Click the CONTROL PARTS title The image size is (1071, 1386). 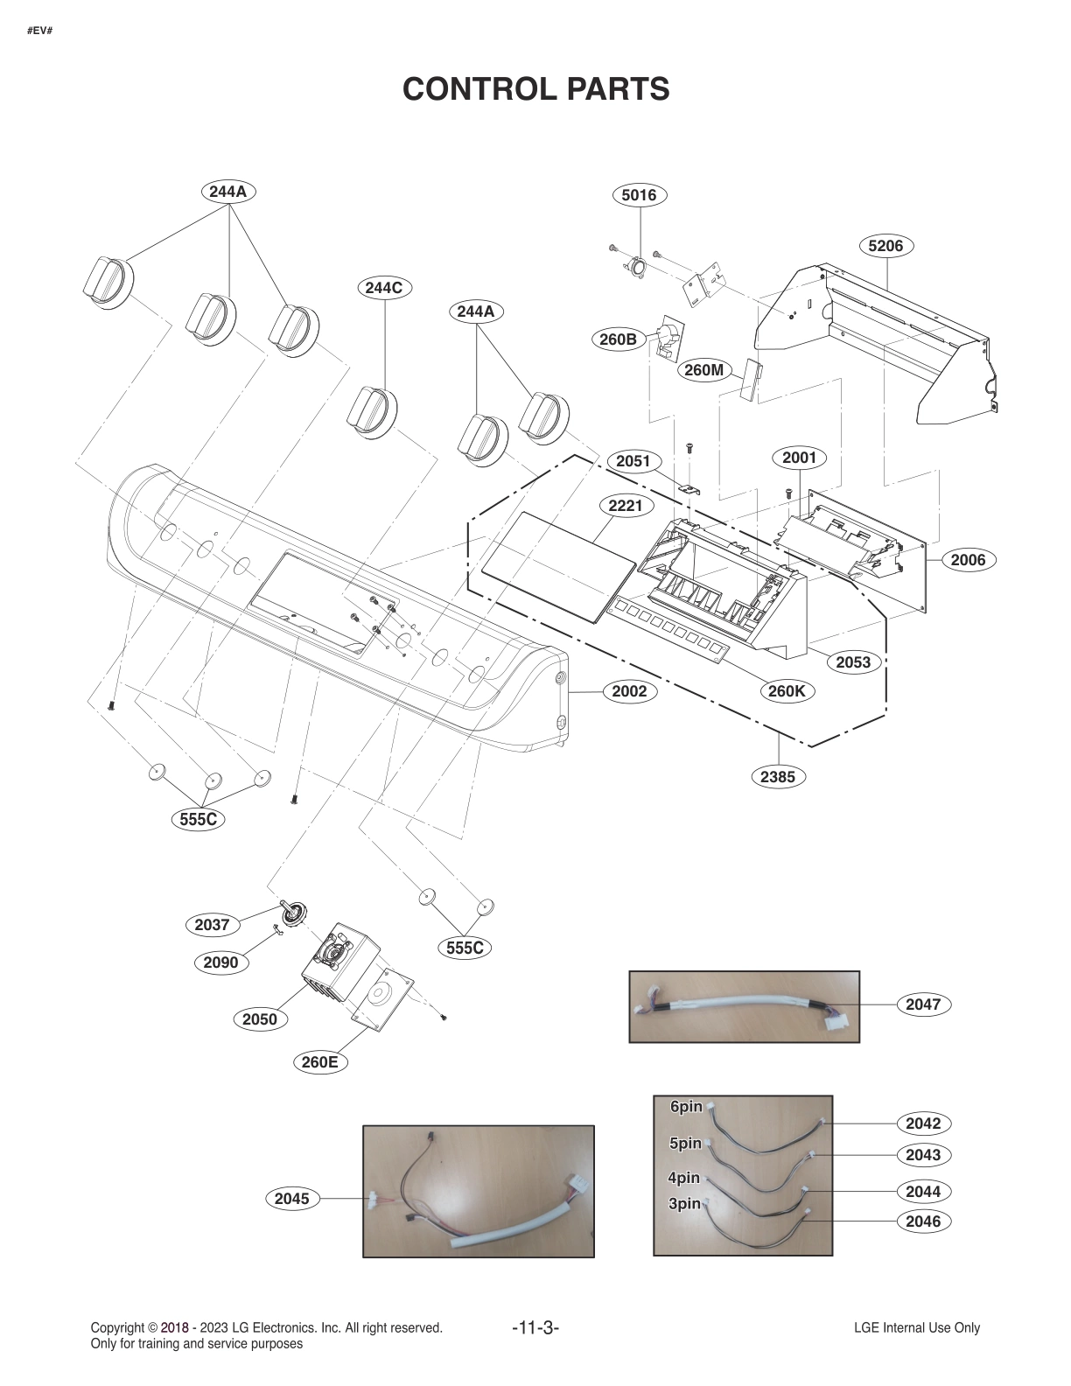(535, 88)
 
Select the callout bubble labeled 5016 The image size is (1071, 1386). (639, 195)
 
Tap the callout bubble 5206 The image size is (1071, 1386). (885, 246)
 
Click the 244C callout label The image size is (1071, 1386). (384, 287)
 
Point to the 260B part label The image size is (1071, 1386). (618, 339)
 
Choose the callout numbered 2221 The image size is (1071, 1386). (626, 506)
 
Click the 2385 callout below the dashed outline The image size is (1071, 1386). (778, 776)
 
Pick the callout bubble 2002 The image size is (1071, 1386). (628, 691)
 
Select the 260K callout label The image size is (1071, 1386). (786, 691)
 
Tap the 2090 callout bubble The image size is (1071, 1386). (220, 962)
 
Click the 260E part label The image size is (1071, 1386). (319, 1062)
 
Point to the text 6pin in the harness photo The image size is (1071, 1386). (686, 1107)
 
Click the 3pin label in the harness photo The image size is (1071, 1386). (684, 1204)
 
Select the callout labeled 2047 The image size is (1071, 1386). (923, 1004)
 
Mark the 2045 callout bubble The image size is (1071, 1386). (291, 1199)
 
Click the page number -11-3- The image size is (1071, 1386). (535, 1327)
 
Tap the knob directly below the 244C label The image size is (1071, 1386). (372, 409)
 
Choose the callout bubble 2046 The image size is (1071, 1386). (923, 1221)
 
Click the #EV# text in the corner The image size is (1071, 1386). (40, 31)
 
